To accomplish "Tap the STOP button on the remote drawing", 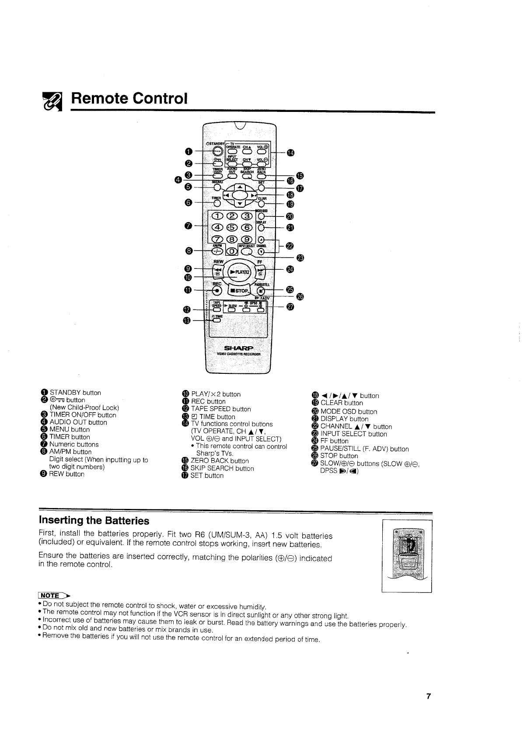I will (238, 290).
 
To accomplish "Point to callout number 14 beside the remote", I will (291, 153).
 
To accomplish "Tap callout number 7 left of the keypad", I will (189, 226).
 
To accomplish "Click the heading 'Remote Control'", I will (129, 98).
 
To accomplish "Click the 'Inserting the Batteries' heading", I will (94, 521).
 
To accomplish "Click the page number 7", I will (429, 696).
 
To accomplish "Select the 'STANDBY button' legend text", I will (75, 393).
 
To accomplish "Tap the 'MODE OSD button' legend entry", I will (349, 411).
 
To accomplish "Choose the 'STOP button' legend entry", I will (339, 456).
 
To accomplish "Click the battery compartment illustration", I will (406, 554).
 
